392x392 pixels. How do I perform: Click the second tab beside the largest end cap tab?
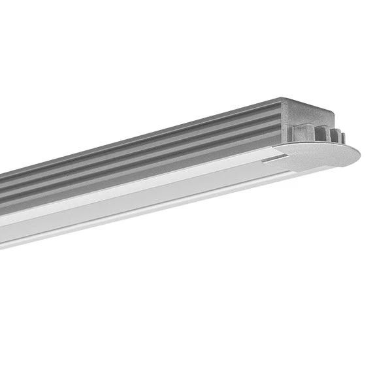pos(322,134)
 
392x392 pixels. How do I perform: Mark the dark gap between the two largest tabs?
pos(314,135)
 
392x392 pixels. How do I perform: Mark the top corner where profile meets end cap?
pos(282,99)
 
